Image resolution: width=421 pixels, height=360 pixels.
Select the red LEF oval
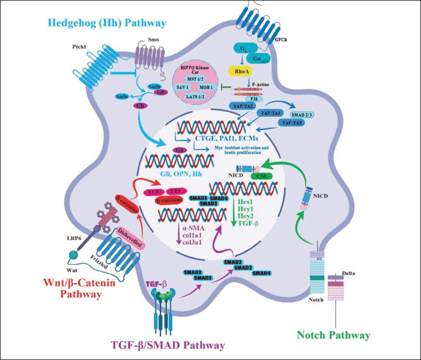174,192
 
